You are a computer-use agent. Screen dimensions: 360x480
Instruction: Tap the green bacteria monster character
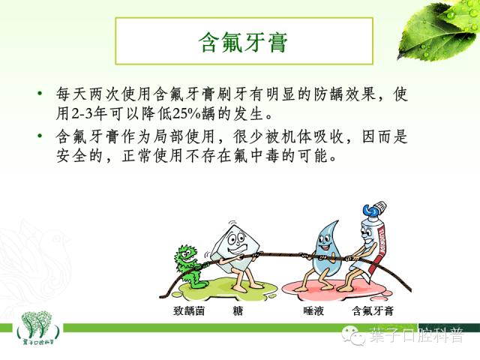[x=190, y=263]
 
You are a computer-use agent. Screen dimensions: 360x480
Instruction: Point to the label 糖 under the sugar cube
[x=238, y=308]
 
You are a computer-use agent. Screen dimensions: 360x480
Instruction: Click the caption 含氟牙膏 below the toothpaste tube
[x=372, y=308]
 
